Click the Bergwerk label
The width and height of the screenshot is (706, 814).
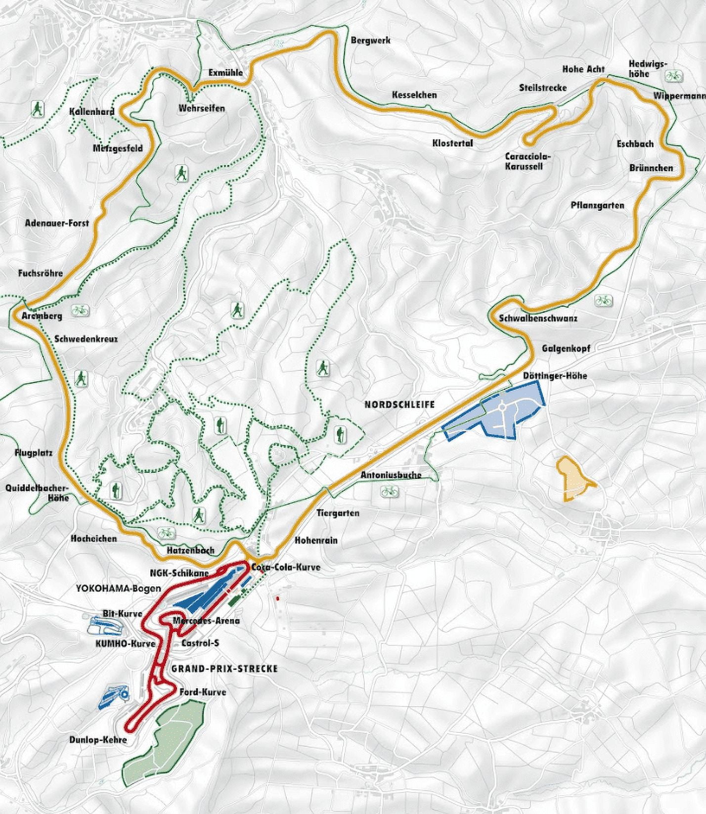370,40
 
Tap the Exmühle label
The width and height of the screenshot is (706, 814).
225,73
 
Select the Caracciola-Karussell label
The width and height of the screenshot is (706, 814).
528,161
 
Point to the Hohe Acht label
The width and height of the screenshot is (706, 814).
583,69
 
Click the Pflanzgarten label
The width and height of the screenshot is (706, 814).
597,205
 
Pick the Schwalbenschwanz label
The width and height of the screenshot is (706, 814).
538,318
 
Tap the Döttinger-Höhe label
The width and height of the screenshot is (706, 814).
555,376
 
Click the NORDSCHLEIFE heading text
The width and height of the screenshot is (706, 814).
399,405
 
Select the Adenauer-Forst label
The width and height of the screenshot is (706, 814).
57,223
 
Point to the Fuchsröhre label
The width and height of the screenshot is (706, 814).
41,273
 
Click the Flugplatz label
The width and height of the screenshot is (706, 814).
34,452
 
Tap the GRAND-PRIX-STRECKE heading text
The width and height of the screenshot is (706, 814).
224,669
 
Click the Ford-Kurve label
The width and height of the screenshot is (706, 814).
203,692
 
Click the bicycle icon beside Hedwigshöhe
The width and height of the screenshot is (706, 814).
673,76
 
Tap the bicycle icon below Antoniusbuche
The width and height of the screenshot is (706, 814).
389,492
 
